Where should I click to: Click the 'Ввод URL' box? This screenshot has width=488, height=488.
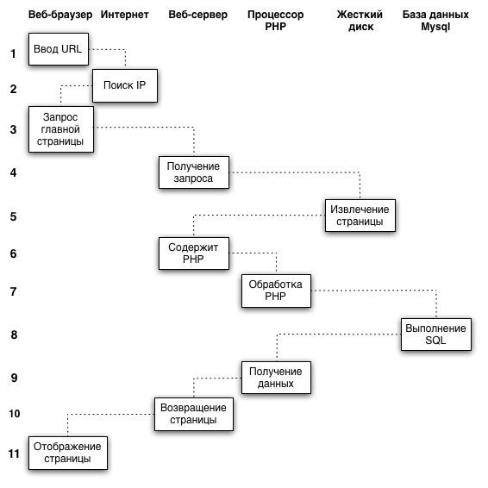59,49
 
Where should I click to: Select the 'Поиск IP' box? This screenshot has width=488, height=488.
125,85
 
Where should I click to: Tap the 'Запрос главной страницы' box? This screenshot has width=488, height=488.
61,129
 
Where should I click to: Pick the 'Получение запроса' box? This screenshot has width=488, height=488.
194,172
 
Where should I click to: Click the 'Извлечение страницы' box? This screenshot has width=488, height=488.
360,216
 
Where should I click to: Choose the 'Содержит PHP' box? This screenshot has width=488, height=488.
194,253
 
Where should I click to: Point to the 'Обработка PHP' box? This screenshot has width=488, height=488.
276,291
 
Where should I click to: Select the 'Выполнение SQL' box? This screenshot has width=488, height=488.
436,335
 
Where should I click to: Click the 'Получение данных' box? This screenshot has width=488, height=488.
276,378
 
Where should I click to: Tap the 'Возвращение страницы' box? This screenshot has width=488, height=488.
194,414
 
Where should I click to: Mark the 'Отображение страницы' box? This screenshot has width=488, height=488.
68,453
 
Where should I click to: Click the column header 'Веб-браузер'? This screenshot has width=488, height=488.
60,15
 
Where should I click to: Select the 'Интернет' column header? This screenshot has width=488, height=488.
124,15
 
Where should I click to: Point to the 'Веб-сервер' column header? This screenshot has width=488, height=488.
198,15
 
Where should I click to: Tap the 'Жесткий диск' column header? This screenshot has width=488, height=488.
360,21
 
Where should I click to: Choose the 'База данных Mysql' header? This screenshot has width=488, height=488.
435,21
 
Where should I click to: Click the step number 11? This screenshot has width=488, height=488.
15,454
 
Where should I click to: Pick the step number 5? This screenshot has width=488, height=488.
14,216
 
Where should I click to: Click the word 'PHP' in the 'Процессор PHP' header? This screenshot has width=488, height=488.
275,27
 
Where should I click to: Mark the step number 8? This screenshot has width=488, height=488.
14,335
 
